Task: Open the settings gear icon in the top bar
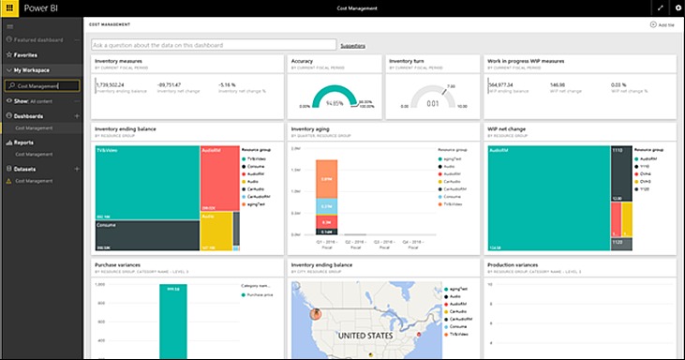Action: coord(677,8)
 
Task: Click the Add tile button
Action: coord(664,24)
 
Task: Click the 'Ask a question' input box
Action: coord(214,44)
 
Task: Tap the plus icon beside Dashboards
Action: coord(76,115)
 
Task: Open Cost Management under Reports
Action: coord(33,154)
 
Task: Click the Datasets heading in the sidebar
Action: coord(25,169)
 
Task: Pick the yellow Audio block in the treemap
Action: coord(216,229)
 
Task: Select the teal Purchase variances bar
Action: coord(172,319)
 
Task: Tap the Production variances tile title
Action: coord(513,264)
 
